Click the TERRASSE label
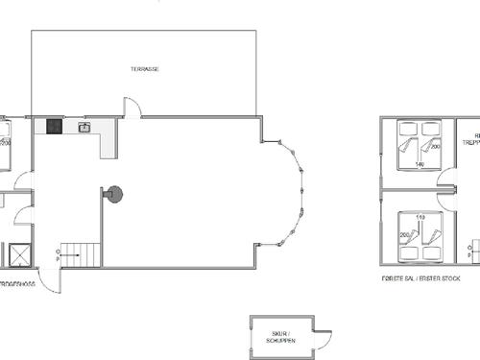[145, 70]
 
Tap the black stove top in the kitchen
[55, 126]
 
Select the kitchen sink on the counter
[84, 127]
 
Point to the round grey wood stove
[114, 194]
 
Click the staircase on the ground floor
[82, 254]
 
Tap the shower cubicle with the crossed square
[17, 254]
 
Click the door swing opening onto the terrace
[132, 108]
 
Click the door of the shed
[323, 339]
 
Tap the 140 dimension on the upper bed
[420, 164]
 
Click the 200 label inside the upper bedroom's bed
[435, 146]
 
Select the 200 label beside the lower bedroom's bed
[403, 234]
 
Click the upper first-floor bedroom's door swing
[445, 177]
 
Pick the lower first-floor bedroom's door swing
[445, 198]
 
